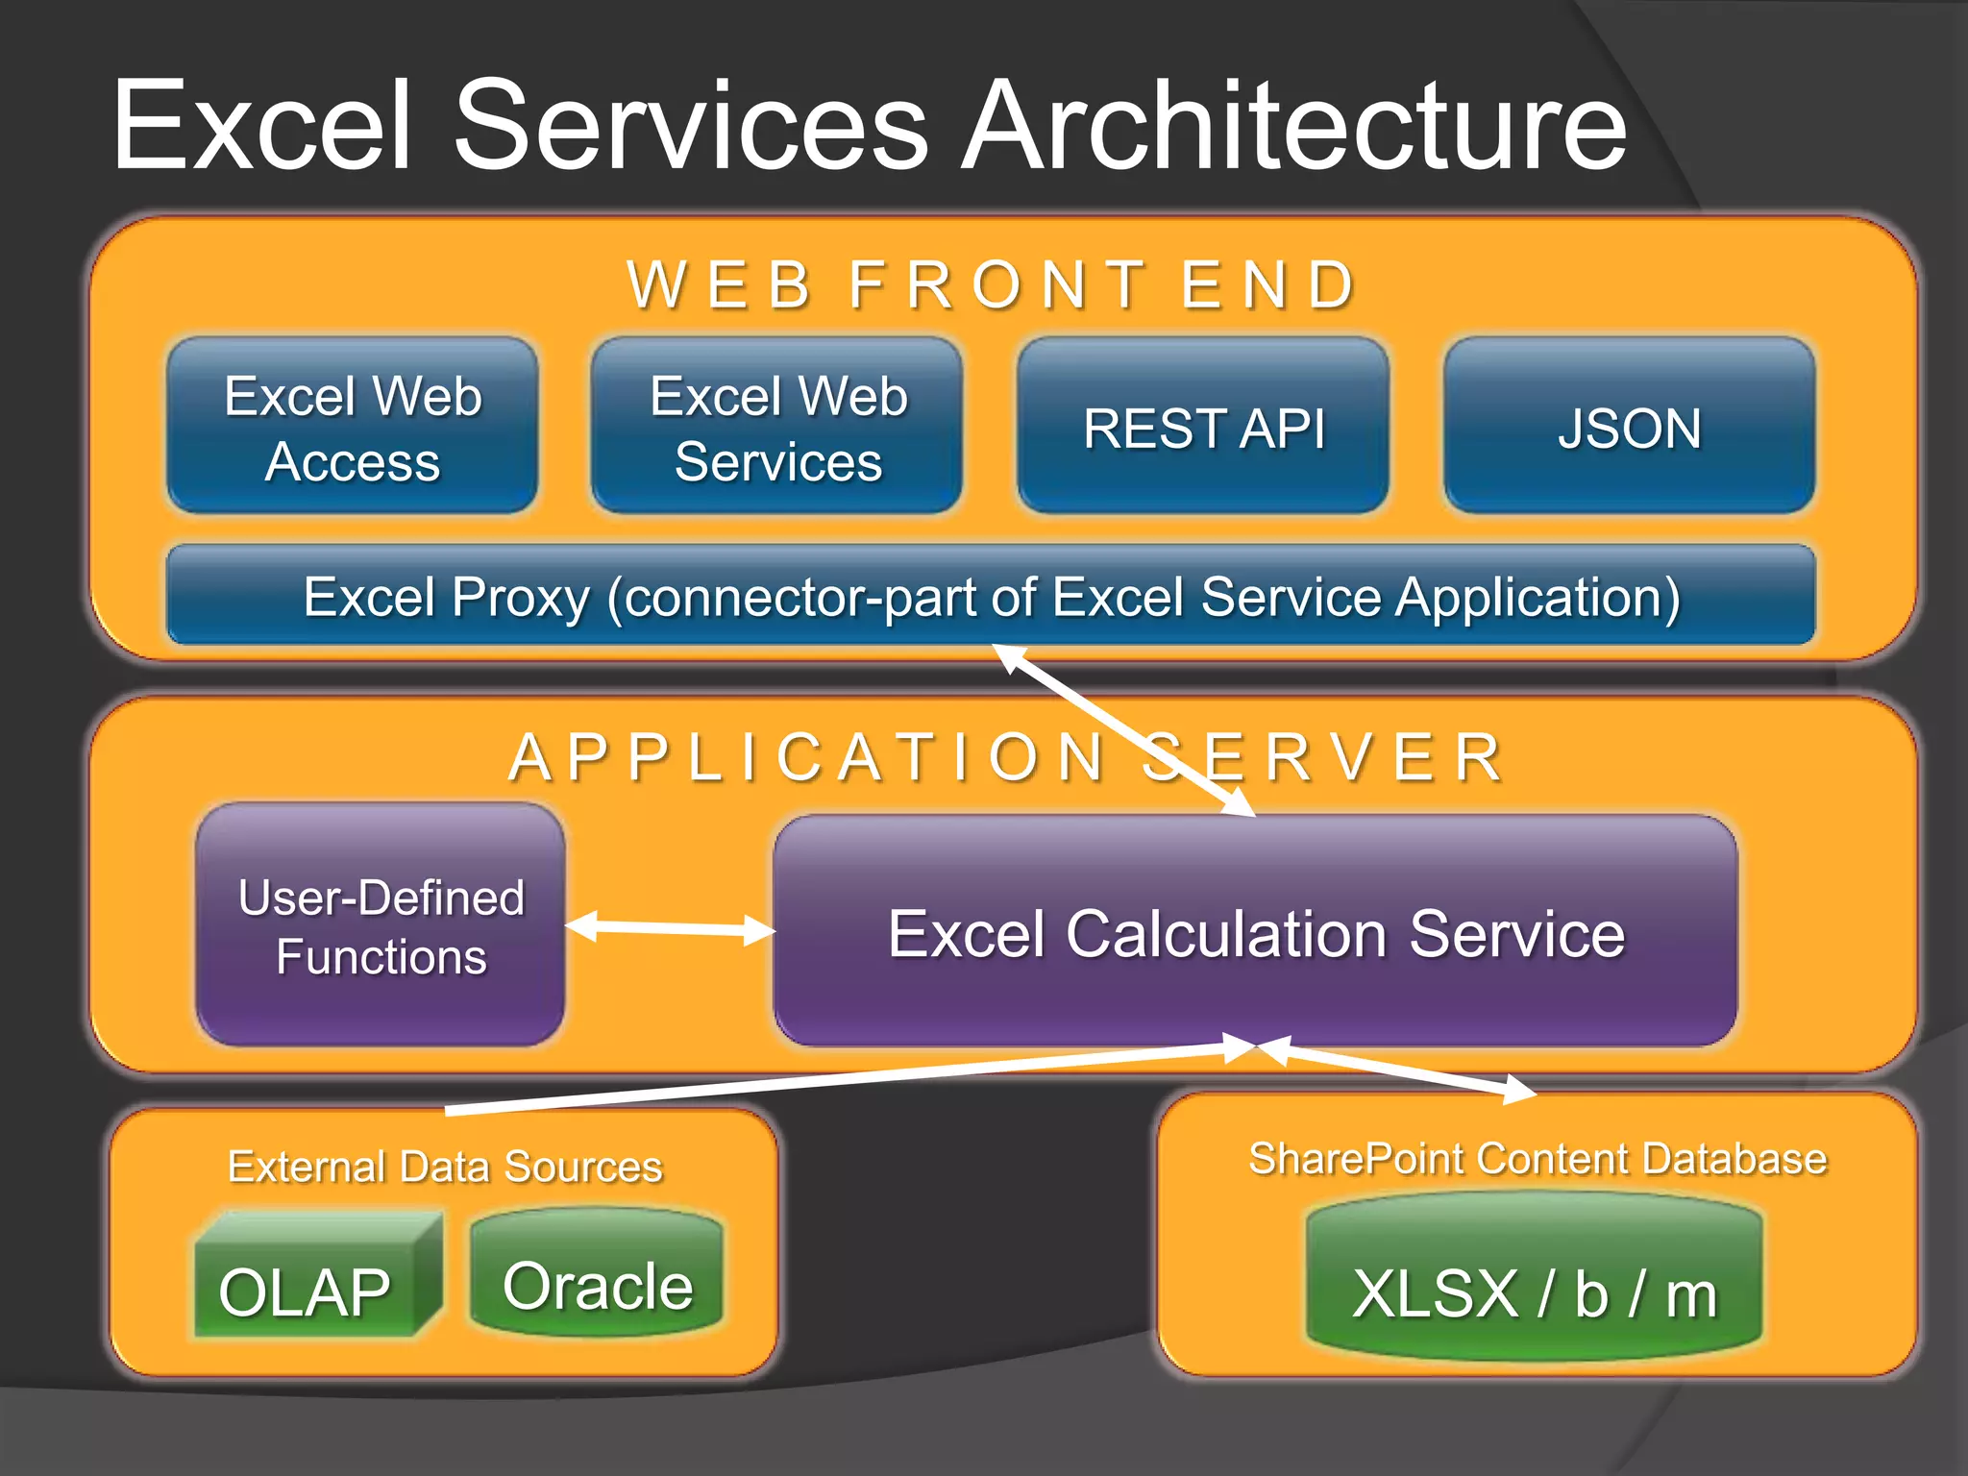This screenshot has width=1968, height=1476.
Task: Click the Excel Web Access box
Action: [x=352, y=426]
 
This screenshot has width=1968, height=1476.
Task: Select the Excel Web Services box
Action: [x=776, y=426]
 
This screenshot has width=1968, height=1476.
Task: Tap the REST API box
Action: [x=1203, y=426]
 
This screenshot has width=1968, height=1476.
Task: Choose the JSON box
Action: [x=1629, y=426]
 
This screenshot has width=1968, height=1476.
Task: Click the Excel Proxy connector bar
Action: [x=990, y=596]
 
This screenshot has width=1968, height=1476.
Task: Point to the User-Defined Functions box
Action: [x=381, y=925]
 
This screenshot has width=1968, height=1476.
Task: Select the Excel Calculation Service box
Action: [x=1255, y=932]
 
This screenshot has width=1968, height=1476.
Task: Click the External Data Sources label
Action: [x=445, y=1166]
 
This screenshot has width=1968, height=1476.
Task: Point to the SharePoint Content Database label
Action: [x=1537, y=1158]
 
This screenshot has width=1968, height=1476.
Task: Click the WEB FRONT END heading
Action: [x=992, y=284]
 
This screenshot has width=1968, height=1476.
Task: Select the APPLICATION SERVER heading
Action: [x=1005, y=757]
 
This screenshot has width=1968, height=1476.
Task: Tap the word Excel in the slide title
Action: [x=261, y=127]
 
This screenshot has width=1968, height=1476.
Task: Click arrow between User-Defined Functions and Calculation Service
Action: [x=670, y=928]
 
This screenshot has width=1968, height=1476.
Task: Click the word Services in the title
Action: [x=690, y=127]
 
